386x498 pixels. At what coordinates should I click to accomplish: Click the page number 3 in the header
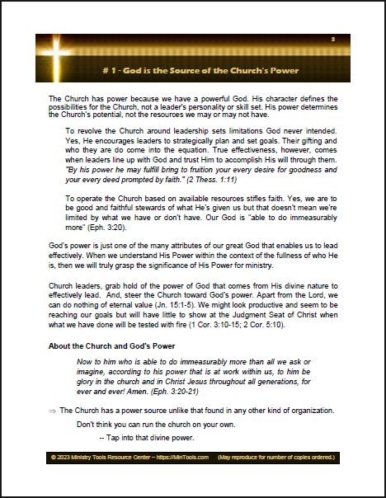pyautogui.click(x=332, y=40)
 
